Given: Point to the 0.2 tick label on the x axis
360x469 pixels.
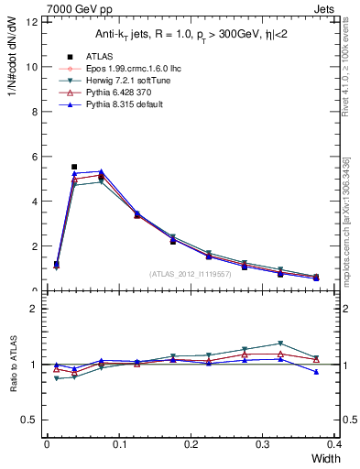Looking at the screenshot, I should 191,444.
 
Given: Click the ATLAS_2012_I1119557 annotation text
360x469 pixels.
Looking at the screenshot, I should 191,274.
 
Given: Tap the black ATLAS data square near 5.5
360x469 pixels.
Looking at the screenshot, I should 74,168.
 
